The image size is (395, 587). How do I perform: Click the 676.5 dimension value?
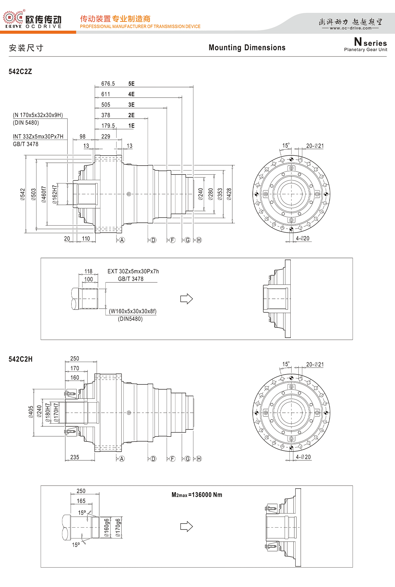(108, 84)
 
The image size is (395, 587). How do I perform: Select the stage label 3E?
(131, 105)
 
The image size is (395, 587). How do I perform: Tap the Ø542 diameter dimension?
(23, 194)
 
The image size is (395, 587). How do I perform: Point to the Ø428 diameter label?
(229, 194)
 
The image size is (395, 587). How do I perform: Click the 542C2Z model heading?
(20, 72)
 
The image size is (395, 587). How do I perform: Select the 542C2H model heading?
(21, 359)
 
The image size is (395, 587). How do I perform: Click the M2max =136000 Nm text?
(197, 495)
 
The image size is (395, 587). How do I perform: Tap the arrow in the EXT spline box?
(186, 299)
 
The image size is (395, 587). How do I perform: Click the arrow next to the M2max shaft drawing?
(186, 526)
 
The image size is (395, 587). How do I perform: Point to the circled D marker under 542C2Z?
(153, 240)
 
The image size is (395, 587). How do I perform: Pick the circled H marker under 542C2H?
(199, 459)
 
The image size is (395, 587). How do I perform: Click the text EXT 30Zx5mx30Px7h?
(133, 271)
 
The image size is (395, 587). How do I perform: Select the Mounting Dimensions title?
(247, 48)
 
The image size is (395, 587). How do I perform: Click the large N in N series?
(358, 42)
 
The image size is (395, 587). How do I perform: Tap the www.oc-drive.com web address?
(351, 28)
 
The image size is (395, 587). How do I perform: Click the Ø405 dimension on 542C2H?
(31, 412)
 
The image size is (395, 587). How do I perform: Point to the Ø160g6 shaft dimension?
(106, 527)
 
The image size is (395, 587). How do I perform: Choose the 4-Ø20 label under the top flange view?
(302, 239)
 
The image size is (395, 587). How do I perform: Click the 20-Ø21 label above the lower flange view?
(315, 365)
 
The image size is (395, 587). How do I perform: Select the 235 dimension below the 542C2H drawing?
(75, 457)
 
